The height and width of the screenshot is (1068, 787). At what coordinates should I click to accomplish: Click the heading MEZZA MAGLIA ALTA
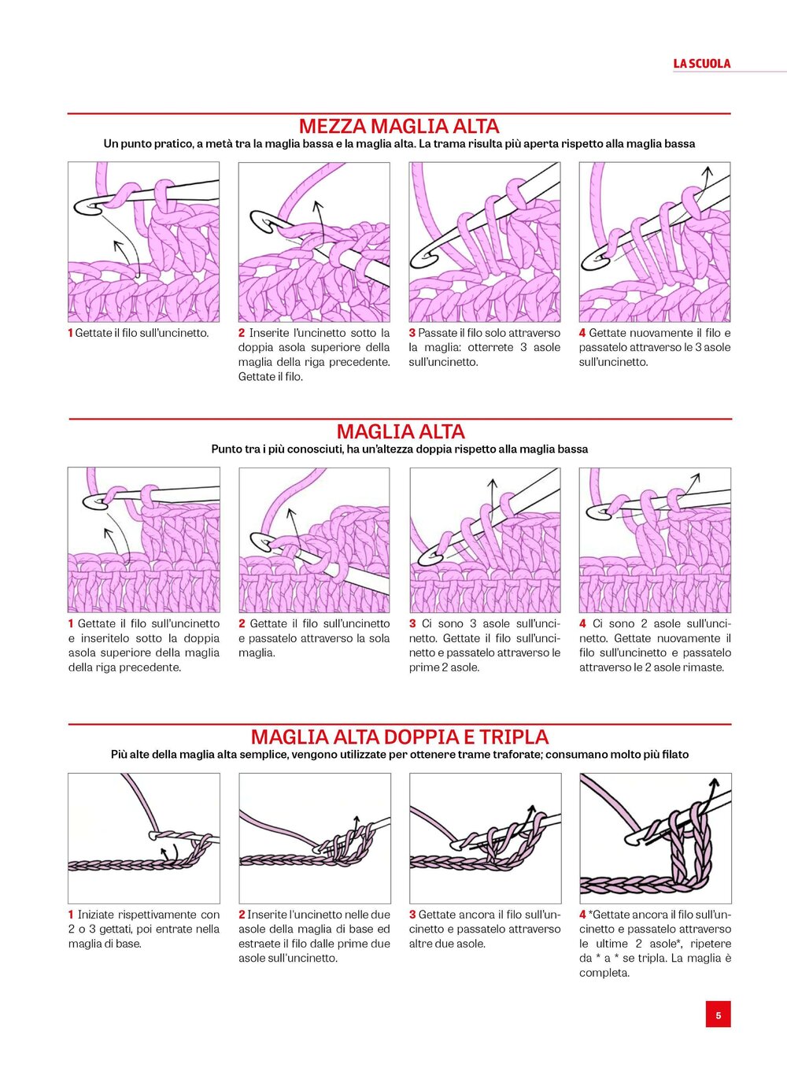click(399, 127)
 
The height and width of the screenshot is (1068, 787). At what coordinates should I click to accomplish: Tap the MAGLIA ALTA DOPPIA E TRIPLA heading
click(400, 737)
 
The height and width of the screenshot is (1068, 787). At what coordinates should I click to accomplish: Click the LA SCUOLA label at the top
click(702, 64)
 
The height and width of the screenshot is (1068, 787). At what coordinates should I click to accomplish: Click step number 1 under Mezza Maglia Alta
click(70, 333)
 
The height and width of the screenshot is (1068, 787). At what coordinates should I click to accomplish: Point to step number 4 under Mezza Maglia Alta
click(582, 333)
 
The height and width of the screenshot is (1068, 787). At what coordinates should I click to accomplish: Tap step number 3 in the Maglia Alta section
click(412, 623)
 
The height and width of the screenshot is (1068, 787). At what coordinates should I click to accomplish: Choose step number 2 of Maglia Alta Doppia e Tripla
click(242, 915)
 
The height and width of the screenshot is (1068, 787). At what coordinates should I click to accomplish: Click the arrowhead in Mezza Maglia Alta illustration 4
click(708, 170)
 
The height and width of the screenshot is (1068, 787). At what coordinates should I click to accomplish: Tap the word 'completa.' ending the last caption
click(604, 973)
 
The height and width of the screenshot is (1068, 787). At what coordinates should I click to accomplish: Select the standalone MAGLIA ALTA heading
click(401, 431)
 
